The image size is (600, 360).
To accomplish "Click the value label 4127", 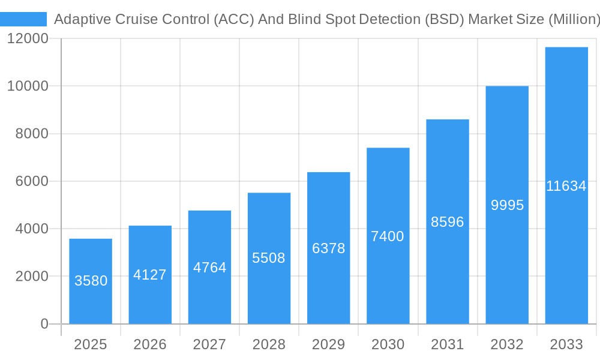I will point(150,275).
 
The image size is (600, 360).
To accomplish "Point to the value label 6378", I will point(329,248).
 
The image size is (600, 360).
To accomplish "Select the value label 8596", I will point(448,222).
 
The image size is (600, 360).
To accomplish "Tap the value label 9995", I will point(507,205).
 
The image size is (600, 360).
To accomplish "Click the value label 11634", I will point(566,186).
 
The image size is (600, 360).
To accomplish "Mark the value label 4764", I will point(209,268).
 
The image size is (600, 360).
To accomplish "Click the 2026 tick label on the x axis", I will point(150,344).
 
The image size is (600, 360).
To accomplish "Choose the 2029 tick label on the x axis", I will point(329,344).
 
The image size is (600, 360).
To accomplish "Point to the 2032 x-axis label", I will point(507,344).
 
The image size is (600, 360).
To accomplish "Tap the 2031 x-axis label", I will point(448,344).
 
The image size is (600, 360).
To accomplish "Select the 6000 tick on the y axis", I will point(31,181).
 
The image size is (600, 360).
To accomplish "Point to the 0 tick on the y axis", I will point(44,324).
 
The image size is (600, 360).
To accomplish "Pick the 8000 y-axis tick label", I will point(31,134).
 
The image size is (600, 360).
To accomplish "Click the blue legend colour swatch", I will point(23,19).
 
